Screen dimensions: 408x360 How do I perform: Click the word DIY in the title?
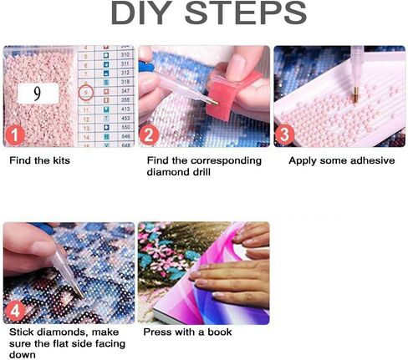click(x=141, y=13)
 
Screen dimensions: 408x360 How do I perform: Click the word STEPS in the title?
click(x=245, y=13)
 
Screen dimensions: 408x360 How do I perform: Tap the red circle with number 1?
click(x=14, y=135)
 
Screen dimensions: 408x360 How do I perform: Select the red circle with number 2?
click(x=149, y=135)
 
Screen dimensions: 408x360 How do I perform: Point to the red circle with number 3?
click(x=284, y=134)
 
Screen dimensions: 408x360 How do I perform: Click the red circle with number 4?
click(x=15, y=311)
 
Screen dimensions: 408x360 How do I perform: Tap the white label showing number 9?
click(x=38, y=94)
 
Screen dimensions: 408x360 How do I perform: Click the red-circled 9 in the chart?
click(x=86, y=93)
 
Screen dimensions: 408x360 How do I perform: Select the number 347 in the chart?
click(x=125, y=91)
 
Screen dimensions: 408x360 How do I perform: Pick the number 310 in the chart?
click(x=125, y=54)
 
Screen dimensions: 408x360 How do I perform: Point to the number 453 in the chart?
click(x=125, y=118)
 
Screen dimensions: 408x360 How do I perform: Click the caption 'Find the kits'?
click(x=39, y=160)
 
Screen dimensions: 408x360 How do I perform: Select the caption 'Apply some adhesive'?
click(x=342, y=160)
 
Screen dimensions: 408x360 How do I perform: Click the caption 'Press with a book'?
click(x=187, y=332)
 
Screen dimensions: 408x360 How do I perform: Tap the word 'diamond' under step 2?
click(x=167, y=172)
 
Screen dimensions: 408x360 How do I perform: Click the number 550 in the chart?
click(x=125, y=127)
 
